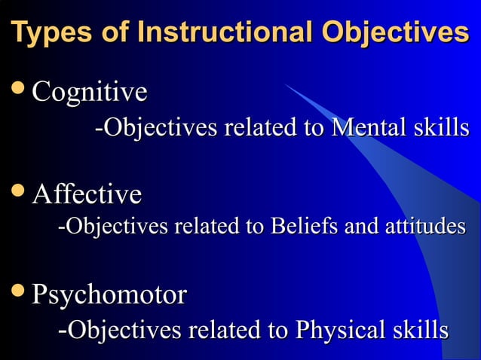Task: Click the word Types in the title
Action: click(57, 34)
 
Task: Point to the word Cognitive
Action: click(89, 93)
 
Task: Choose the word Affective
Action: click(87, 194)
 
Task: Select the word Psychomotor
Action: click(109, 294)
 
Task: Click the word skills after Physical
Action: click(419, 330)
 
